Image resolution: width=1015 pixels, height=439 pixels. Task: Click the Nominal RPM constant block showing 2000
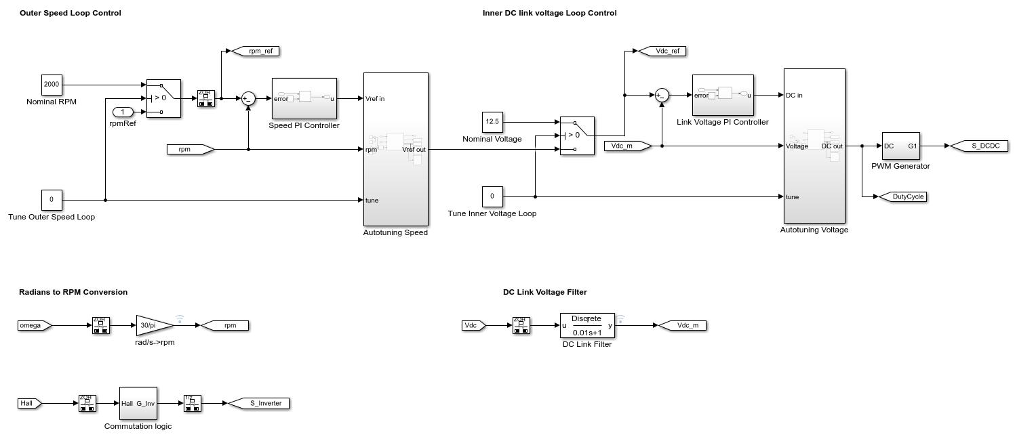click(52, 85)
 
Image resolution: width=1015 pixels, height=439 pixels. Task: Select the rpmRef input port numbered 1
click(123, 112)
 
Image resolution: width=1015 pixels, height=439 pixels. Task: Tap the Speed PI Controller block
click(304, 99)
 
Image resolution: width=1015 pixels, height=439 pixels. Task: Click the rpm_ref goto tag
click(256, 51)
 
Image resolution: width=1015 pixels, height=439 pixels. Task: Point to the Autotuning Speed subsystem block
click(396, 149)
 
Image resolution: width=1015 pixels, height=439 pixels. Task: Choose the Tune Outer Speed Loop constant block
click(52, 200)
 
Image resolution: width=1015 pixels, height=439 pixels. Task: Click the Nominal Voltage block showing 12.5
click(492, 122)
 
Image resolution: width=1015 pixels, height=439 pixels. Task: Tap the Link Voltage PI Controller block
click(722, 96)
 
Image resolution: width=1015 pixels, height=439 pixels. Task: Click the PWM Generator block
click(900, 146)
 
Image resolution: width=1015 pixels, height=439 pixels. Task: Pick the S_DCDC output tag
click(980, 146)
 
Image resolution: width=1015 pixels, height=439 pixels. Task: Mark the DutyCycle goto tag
click(902, 196)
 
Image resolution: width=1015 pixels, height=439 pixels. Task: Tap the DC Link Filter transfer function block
click(587, 325)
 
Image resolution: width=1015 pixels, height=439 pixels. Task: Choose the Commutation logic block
click(138, 404)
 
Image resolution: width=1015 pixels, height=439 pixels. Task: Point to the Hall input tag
click(29, 404)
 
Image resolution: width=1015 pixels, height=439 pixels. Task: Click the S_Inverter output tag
click(260, 404)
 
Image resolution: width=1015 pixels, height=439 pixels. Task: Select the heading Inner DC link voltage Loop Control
click(549, 13)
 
